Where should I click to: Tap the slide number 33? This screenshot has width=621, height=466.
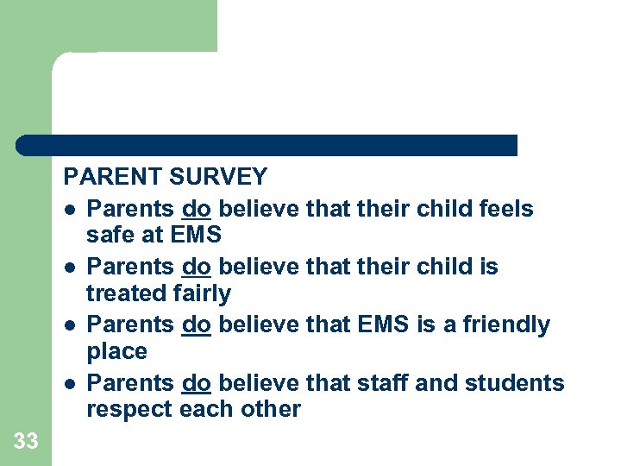(26, 442)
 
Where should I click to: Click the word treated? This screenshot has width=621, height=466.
(127, 293)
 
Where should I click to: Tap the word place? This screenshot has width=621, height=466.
(116, 352)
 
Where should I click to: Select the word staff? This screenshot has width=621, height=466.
(382, 382)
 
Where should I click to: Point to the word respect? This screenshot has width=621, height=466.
(129, 409)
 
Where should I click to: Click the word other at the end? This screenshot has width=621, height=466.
(271, 409)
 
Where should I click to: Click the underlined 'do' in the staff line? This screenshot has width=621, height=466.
(197, 382)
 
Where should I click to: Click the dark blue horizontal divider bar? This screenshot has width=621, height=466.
(267, 145)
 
